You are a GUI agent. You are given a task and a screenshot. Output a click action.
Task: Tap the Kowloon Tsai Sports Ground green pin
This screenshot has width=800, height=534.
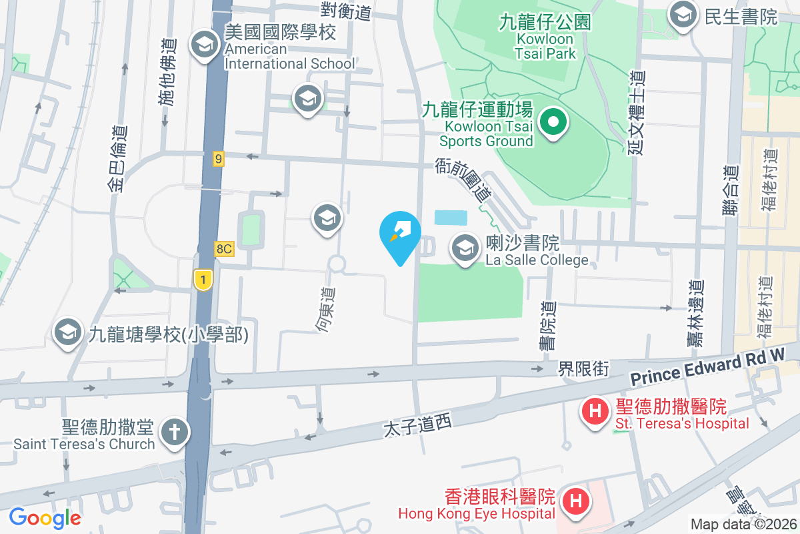pos(553,122)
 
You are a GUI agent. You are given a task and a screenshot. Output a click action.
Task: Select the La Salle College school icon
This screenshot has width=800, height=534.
pos(464,248)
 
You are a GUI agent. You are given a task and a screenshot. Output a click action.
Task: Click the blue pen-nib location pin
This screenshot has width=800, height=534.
pos(400,233)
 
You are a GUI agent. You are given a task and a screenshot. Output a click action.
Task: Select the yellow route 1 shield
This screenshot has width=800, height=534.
pos(203,279)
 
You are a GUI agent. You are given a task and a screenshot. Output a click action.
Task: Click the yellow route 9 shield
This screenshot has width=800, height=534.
pos(218,158)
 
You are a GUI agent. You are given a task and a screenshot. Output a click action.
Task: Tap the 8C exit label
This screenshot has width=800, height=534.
pos(224,248)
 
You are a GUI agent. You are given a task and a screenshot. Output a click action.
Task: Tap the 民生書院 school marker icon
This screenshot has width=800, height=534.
pos(682,13)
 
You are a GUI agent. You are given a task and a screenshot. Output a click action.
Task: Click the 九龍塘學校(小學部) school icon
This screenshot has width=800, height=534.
pos(67,332)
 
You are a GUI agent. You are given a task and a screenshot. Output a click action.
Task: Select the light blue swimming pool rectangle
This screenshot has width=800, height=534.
pos(451,217)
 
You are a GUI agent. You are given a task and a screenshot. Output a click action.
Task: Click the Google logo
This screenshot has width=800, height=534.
pos(45,517)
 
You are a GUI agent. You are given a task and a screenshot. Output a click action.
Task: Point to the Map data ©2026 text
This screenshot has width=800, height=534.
pos(743,525)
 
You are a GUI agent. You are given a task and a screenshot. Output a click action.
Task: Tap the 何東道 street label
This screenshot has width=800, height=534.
pos(326,310)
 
